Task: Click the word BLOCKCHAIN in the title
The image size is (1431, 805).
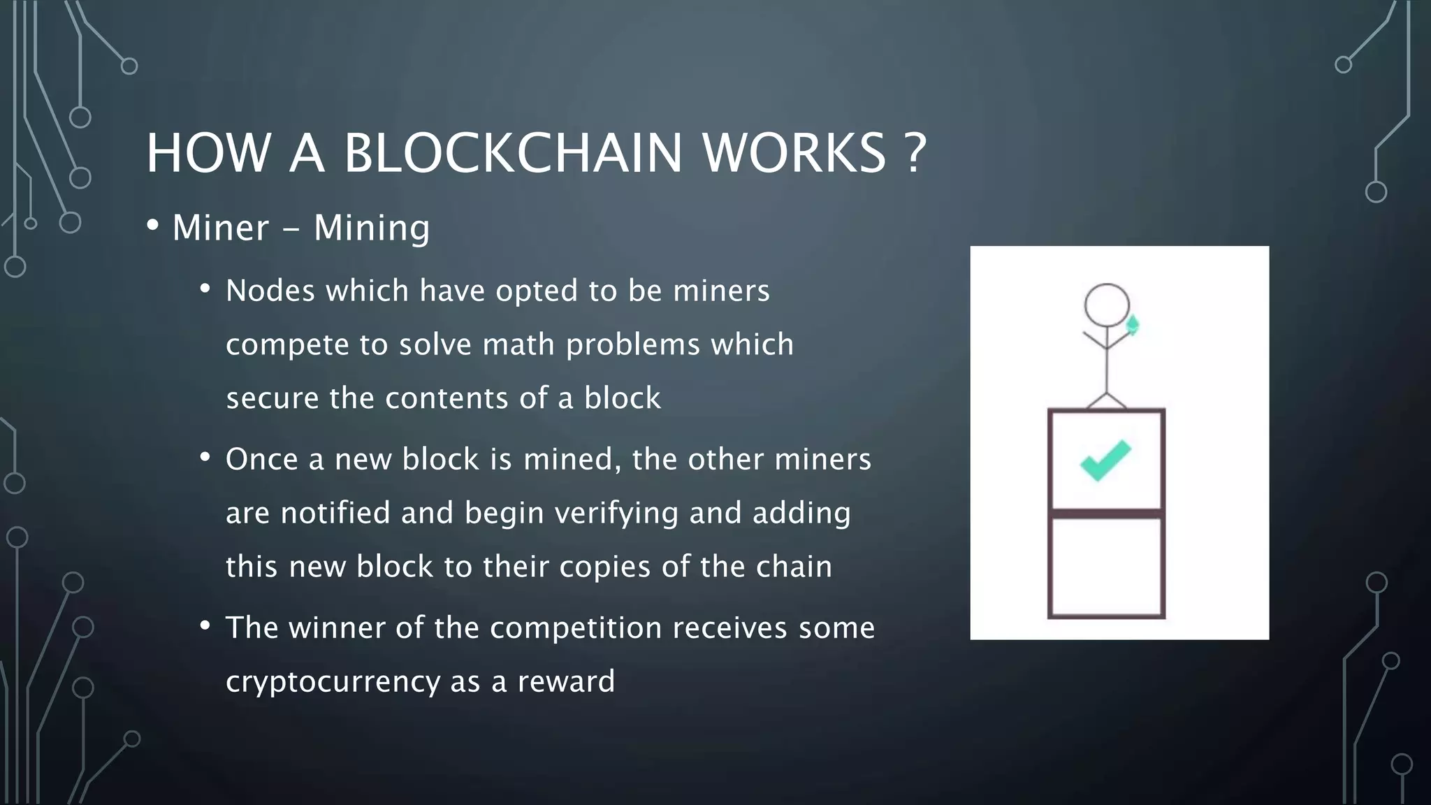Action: coord(512,153)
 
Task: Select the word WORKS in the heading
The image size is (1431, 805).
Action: coord(794,153)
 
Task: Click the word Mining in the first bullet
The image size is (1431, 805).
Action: coord(372,229)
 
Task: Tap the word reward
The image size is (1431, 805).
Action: coord(566,681)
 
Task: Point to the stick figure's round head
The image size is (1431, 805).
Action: coord(1107,305)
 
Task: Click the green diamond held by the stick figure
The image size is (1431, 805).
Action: coord(1133,326)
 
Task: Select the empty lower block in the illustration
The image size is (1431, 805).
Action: coord(1106,567)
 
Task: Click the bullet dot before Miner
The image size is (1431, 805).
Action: coord(152,226)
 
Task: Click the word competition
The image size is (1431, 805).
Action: coord(575,628)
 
